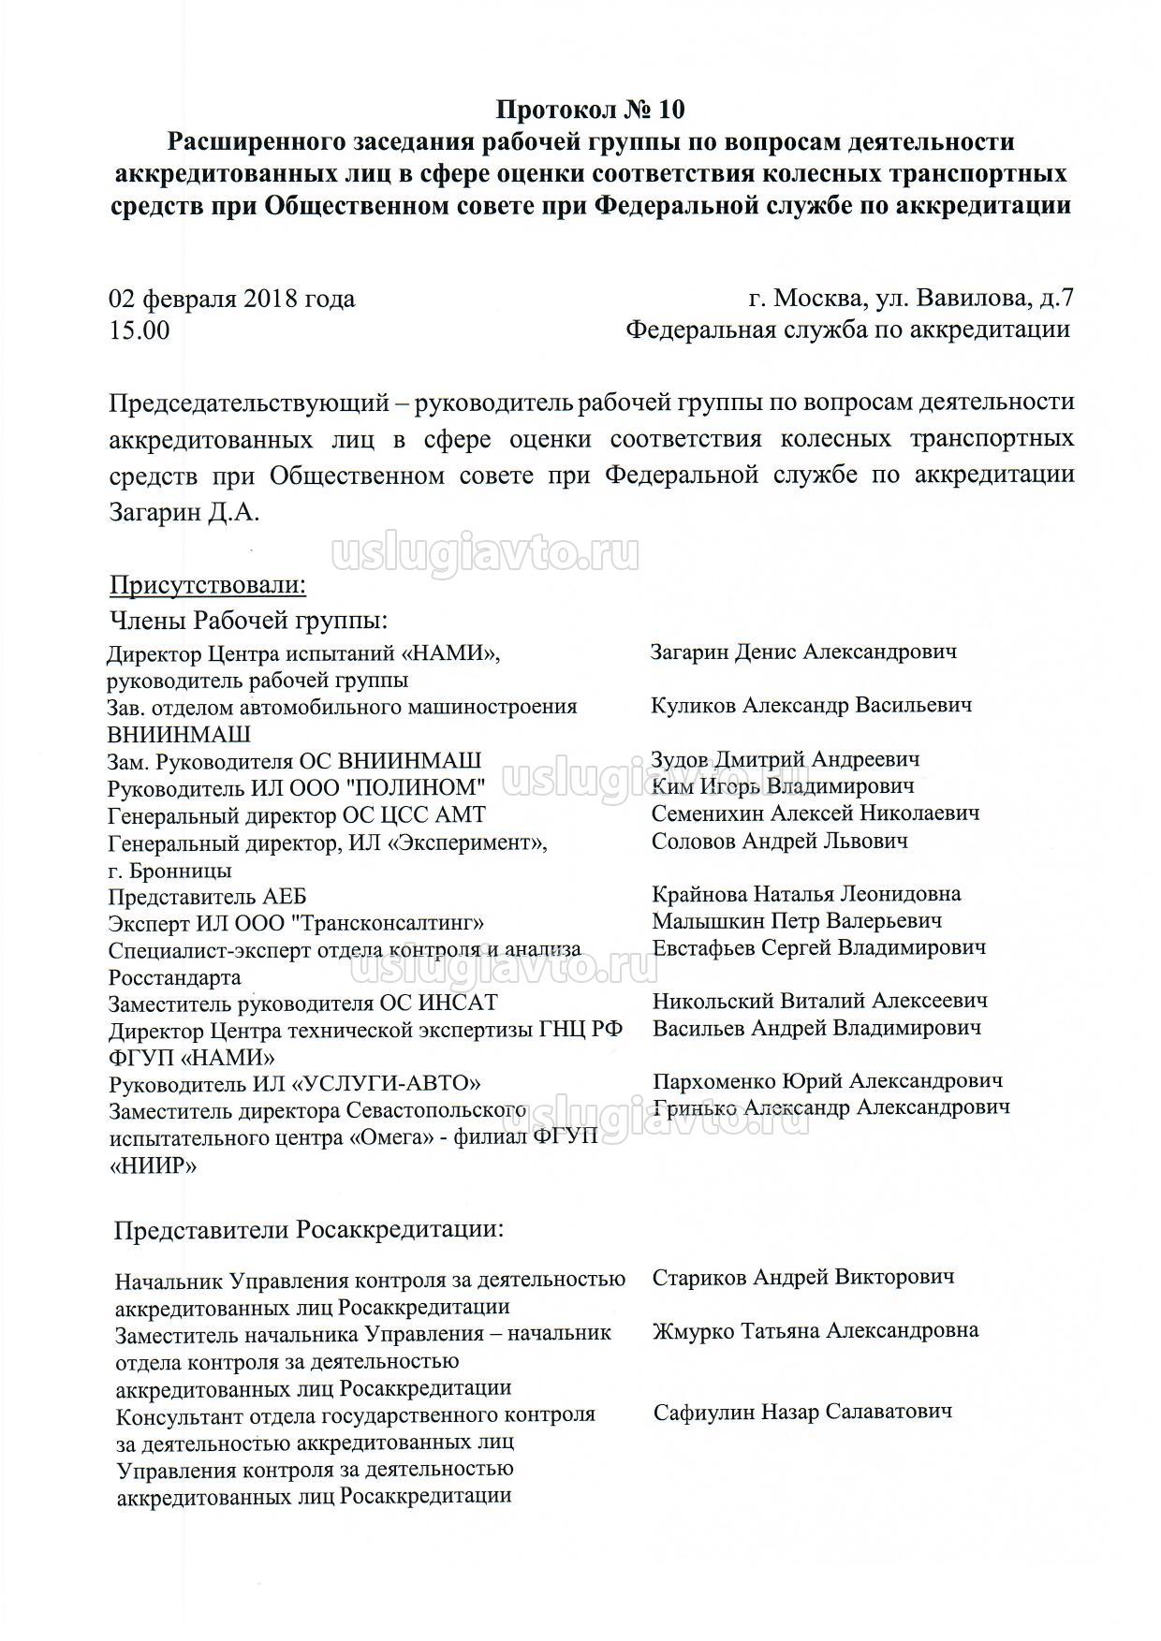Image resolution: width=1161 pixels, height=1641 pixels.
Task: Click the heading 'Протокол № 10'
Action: point(590,110)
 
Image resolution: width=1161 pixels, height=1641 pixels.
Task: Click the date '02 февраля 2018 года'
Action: point(232,299)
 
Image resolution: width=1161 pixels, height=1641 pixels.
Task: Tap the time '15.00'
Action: point(140,330)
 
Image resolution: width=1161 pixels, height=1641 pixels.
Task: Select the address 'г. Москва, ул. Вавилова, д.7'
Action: point(911,299)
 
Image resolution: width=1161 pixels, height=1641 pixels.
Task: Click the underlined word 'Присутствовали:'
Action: point(208,586)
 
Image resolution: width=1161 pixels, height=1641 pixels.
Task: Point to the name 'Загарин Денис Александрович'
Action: point(803,652)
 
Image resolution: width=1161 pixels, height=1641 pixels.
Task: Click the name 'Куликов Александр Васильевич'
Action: point(811,705)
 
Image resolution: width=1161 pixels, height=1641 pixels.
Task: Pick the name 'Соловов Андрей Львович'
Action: point(779,841)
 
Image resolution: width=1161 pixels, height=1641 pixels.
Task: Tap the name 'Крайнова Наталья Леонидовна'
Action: point(806,894)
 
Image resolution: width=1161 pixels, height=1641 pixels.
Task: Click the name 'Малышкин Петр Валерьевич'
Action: point(797,921)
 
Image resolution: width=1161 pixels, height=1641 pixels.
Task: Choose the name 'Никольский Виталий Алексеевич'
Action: point(819,1001)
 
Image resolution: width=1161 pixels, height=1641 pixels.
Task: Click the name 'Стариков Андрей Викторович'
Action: point(802,1277)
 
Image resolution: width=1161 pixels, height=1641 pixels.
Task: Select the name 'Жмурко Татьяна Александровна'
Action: point(816,1330)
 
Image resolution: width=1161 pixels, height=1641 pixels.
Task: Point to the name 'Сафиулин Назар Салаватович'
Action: point(802,1412)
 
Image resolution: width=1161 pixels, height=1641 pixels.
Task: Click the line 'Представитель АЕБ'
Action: point(207,896)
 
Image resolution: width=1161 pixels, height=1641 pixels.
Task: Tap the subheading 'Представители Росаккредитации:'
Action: point(309,1229)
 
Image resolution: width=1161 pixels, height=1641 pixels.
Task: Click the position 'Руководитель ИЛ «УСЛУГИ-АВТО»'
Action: point(295,1084)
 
